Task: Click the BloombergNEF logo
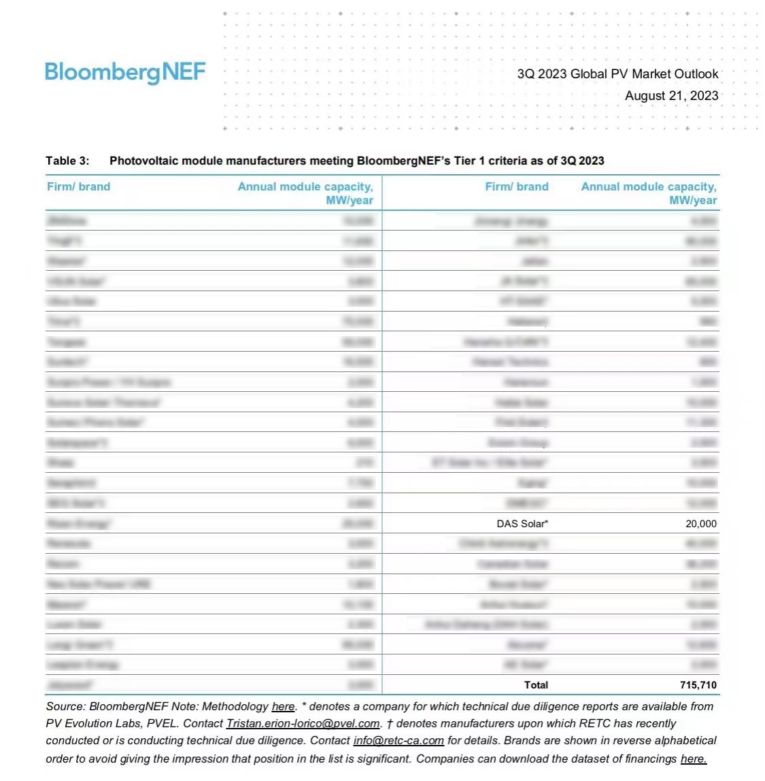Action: [125, 72]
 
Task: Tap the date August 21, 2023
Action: [671, 96]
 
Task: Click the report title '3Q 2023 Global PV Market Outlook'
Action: [617, 74]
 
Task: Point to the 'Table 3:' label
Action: [67, 161]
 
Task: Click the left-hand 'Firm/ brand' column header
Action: [78, 187]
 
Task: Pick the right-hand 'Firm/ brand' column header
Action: [517, 187]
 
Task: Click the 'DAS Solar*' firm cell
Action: [522, 524]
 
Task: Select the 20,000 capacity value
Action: [701, 524]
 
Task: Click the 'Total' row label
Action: [536, 685]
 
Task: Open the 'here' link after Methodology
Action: [283, 707]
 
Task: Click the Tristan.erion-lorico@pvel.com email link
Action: [303, 724]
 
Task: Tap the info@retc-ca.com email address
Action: [398, 741]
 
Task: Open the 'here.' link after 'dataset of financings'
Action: [694, 759]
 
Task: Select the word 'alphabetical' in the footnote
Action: [683, 741]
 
